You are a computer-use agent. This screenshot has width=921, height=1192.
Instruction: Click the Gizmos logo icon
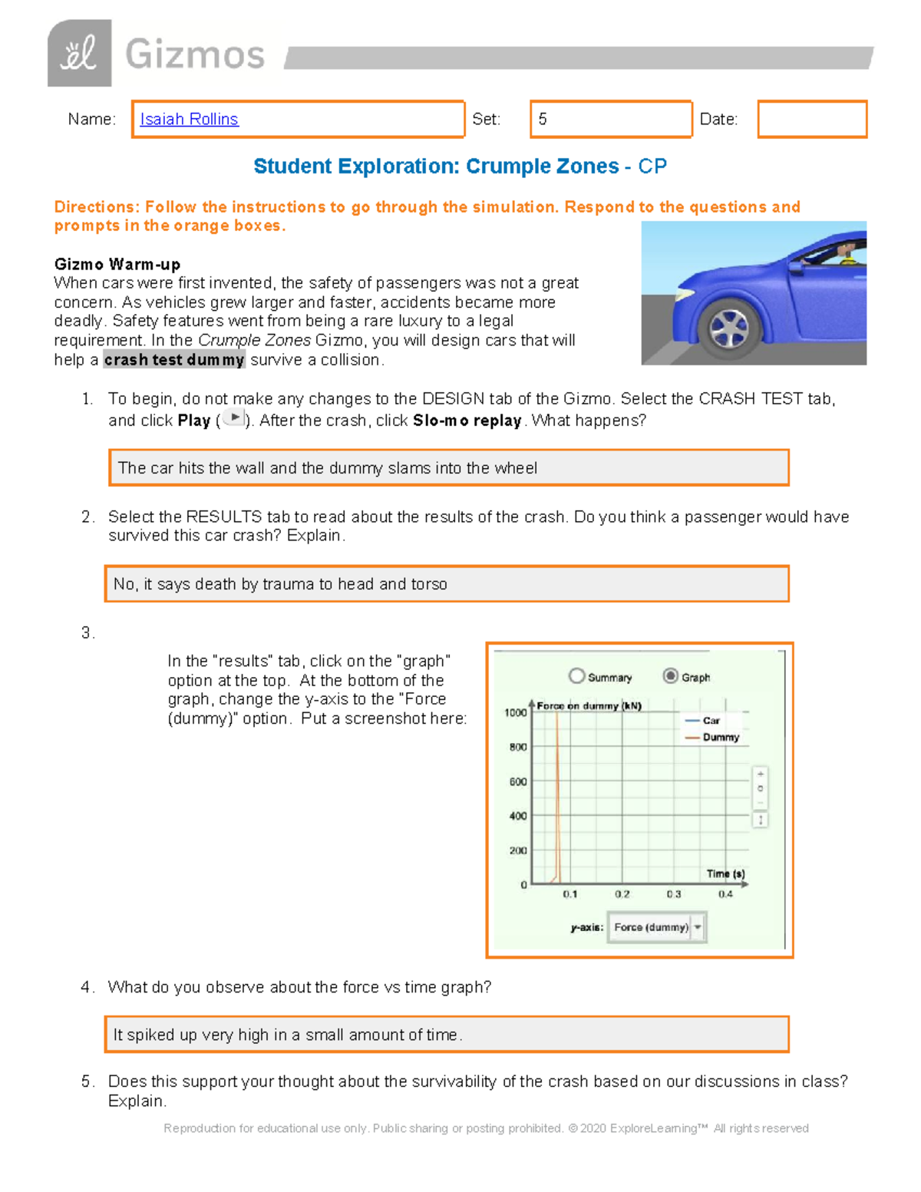79,54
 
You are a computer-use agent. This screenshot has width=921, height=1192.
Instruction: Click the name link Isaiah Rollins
189,119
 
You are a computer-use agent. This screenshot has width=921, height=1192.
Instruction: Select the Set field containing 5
611,119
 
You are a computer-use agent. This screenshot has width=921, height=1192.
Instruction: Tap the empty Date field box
812,119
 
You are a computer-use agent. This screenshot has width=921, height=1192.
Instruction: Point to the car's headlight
684,295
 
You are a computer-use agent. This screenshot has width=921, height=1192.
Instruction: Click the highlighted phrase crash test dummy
174,360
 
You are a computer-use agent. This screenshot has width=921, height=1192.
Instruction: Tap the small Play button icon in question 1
234,418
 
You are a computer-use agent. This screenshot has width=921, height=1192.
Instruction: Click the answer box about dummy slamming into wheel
449,468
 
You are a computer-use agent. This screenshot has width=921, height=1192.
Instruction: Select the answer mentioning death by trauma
447,584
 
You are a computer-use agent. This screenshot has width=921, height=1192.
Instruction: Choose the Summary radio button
577,675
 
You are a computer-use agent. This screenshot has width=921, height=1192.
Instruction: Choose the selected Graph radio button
671,675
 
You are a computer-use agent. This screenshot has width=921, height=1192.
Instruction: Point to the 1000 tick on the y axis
515,712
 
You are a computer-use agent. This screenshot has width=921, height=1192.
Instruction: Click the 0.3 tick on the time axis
674,894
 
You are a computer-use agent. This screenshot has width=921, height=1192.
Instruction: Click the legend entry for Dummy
720,737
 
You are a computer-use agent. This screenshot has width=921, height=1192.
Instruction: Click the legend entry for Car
711,721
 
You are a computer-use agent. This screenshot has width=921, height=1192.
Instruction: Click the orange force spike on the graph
557,798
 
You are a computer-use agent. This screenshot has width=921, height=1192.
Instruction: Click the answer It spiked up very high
447,1035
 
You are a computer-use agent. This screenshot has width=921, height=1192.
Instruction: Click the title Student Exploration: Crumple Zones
436,167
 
